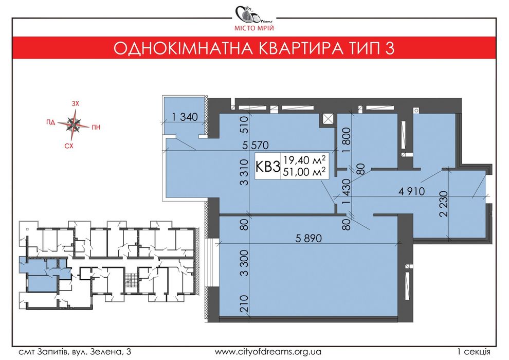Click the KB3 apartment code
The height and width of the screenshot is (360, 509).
pos(268,166)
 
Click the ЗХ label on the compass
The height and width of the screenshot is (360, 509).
pos(75,104)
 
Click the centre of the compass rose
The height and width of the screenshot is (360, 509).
pos(75,123)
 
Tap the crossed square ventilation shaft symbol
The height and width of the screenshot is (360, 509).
pos(326,119)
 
